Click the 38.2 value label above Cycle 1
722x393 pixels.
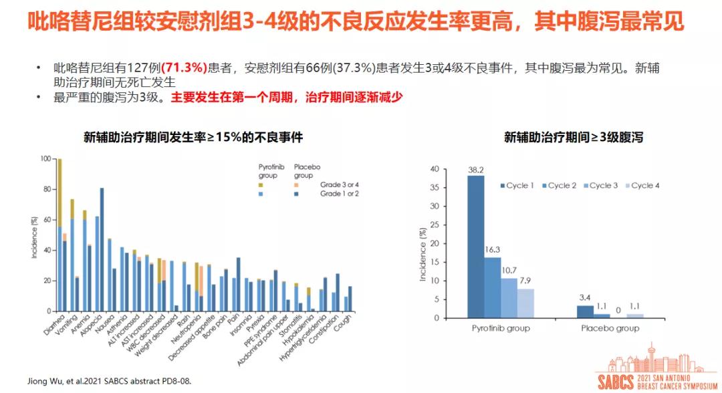tap(475, 170)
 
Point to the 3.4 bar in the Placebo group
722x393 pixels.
tap(585, 311)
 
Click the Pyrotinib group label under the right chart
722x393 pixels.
tap(501, 328)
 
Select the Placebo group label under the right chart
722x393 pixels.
tap(609, 328)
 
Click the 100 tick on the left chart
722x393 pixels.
tap(45, 159)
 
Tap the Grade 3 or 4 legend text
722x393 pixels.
tap(340, 184)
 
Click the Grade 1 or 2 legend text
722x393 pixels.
tap(340, 193)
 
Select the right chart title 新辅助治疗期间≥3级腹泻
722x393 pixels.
tap(574, 138)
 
